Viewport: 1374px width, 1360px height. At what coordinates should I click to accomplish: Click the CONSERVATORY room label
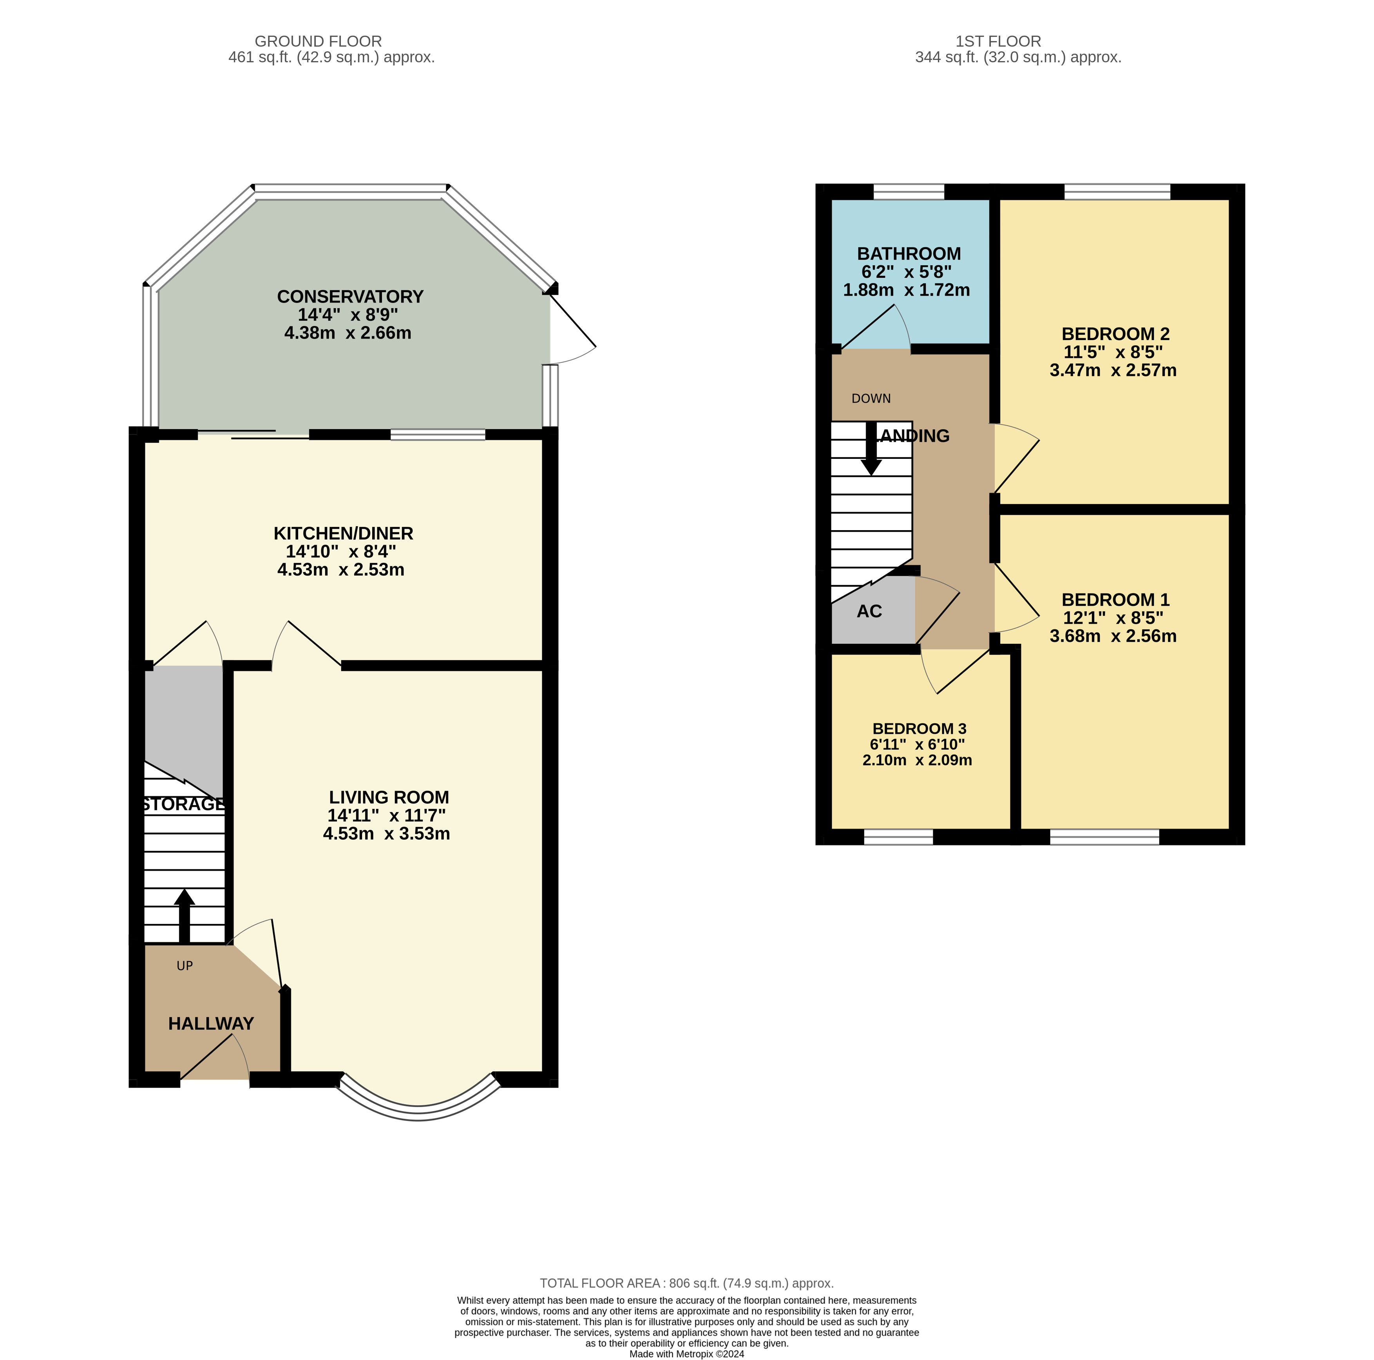point(350,297)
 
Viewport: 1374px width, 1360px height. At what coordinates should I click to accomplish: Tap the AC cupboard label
point(869,612)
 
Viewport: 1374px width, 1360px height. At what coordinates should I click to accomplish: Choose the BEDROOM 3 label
point(919,729)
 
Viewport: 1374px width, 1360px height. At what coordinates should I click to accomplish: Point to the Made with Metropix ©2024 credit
point(686,1354)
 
